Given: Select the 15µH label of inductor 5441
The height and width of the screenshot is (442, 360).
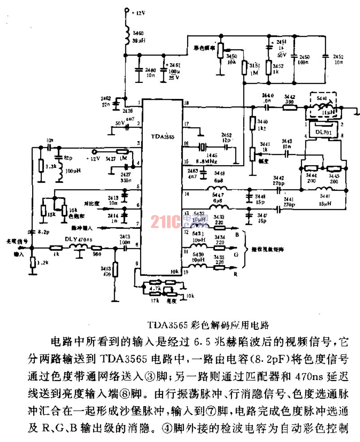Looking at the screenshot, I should (x=323, y=204).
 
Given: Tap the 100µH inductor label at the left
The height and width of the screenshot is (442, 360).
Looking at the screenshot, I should (x=70, y=172).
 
